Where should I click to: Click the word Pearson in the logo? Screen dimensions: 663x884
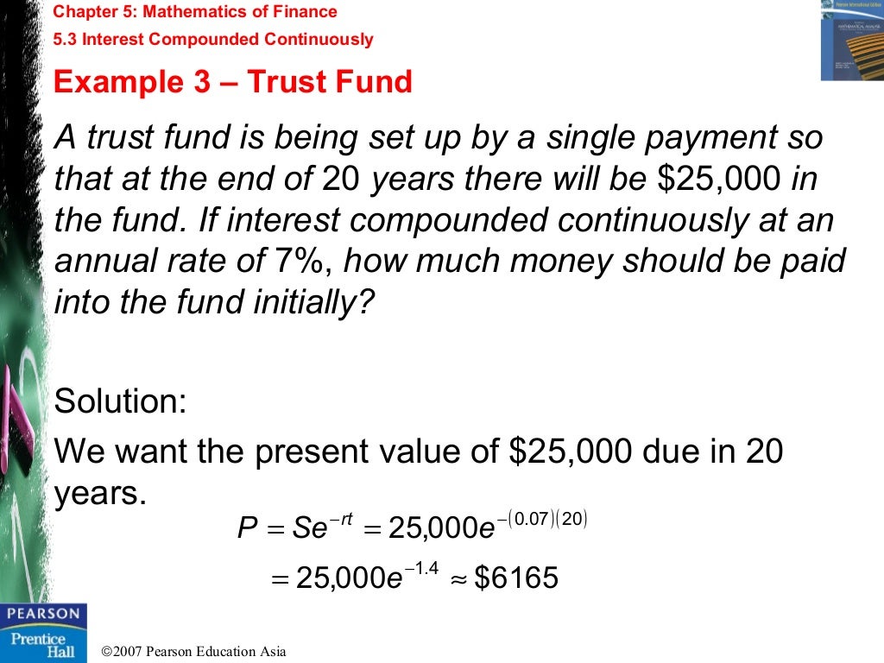click(x=43, y=614)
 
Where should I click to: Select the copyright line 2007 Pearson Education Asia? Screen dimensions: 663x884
click(x=193, y=652)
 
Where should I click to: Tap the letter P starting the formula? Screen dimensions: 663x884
click(x=247, y=527)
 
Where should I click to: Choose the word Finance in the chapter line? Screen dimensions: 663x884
click(x=306, y=12)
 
